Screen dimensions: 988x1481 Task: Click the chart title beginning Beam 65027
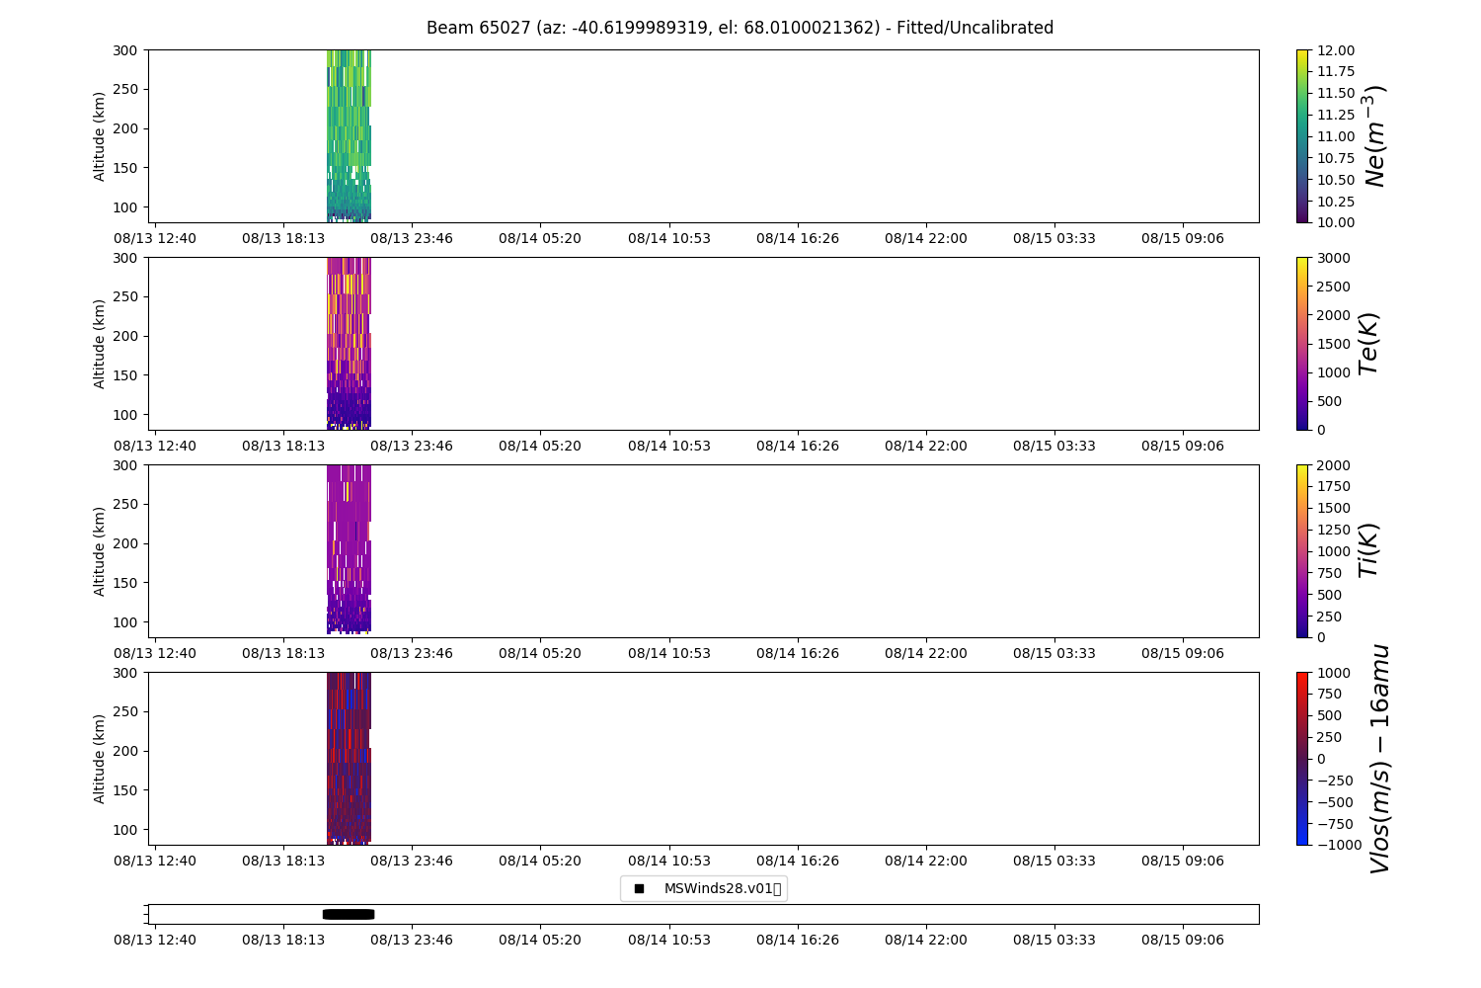[740, 28]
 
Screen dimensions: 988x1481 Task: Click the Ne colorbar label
[1375, 136]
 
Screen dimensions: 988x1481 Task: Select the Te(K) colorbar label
[1367, 344]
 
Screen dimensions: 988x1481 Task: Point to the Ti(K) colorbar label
[1367, 551]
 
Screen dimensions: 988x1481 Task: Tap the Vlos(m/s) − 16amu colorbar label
[1379, 759]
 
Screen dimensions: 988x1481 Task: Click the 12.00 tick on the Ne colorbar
[1335, 50]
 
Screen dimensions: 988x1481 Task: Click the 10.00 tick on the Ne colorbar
[1335, 222]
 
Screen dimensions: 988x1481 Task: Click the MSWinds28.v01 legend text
[722, 888]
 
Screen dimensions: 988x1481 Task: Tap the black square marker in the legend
[639, 888]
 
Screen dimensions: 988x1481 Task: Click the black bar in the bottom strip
[349, 914]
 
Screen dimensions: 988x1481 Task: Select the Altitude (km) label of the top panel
[99, 136]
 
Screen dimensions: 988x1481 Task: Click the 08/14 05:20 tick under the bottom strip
[540, 940]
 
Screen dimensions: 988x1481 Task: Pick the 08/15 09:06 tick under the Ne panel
[1183, 238]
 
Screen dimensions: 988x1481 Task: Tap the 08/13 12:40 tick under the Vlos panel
[155, 861]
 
